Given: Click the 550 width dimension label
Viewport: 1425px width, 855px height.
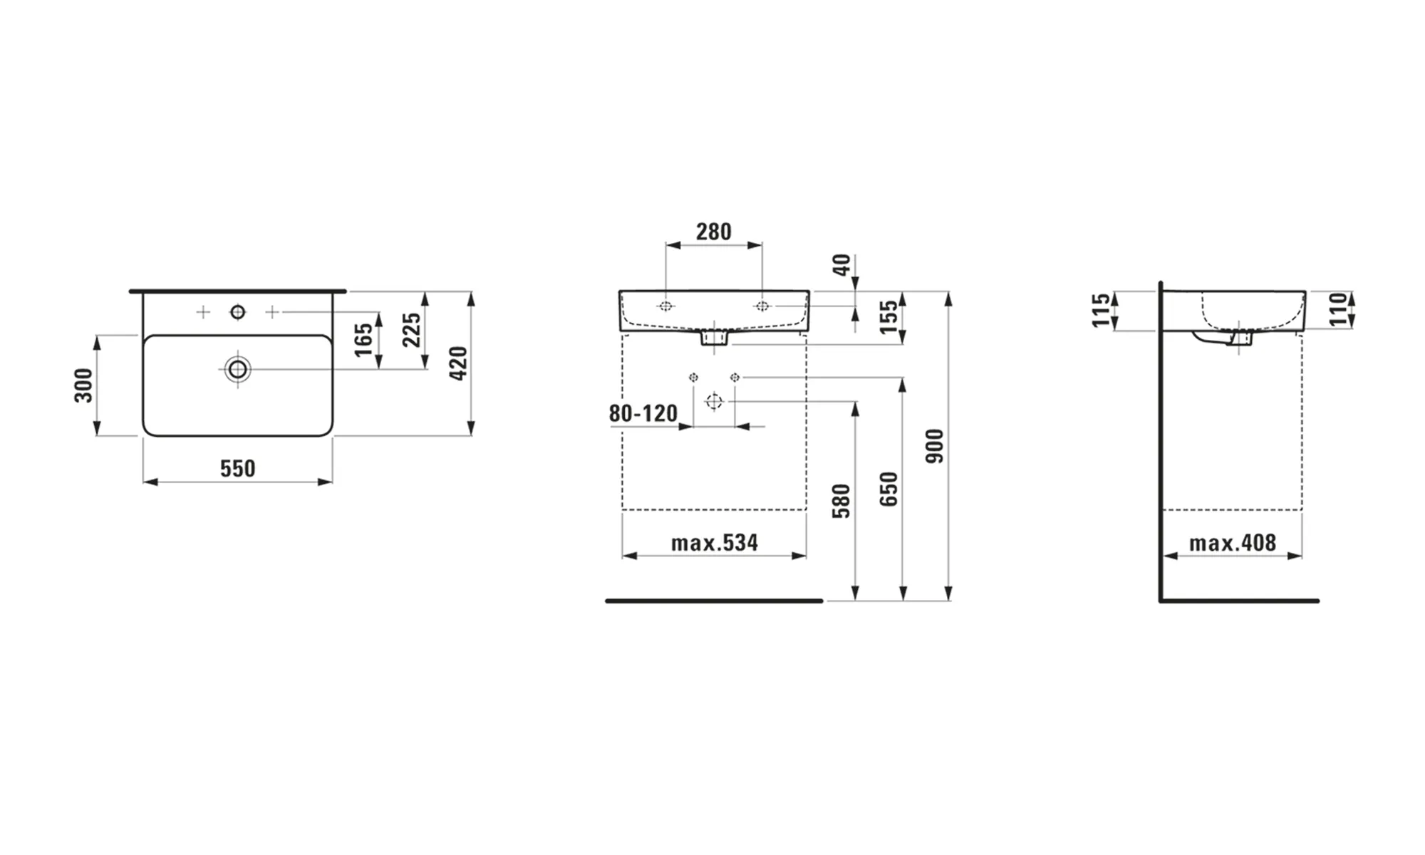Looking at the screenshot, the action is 237,468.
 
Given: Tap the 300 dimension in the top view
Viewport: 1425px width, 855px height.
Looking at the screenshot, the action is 84,385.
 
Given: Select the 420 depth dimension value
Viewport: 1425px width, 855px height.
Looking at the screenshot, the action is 458,363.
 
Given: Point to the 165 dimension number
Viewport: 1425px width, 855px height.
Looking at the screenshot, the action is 363,340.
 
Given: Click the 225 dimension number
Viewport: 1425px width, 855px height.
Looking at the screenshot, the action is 412,330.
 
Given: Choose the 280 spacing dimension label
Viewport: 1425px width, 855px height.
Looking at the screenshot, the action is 713,232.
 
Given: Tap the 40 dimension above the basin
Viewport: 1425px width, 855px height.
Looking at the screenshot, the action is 841,265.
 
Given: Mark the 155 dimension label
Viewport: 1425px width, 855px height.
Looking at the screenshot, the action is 888,317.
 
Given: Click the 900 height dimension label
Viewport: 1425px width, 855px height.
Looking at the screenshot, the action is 934,446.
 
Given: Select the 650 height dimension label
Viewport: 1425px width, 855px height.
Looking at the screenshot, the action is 888,489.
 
